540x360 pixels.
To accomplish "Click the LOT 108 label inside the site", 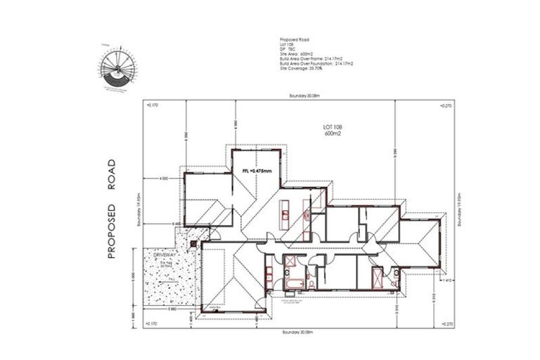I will pyautogui.click(x=333, y=127).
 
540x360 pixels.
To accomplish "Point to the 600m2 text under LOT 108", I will pyautogui.click(x=333, y=133).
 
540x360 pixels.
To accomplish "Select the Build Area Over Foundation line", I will pyautogui.click(x=314, y=65).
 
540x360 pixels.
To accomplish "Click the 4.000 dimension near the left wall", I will pyautogui.click(x=165, y=179).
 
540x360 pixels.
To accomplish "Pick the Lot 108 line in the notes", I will pyautogui.click(x=285, y=45).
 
